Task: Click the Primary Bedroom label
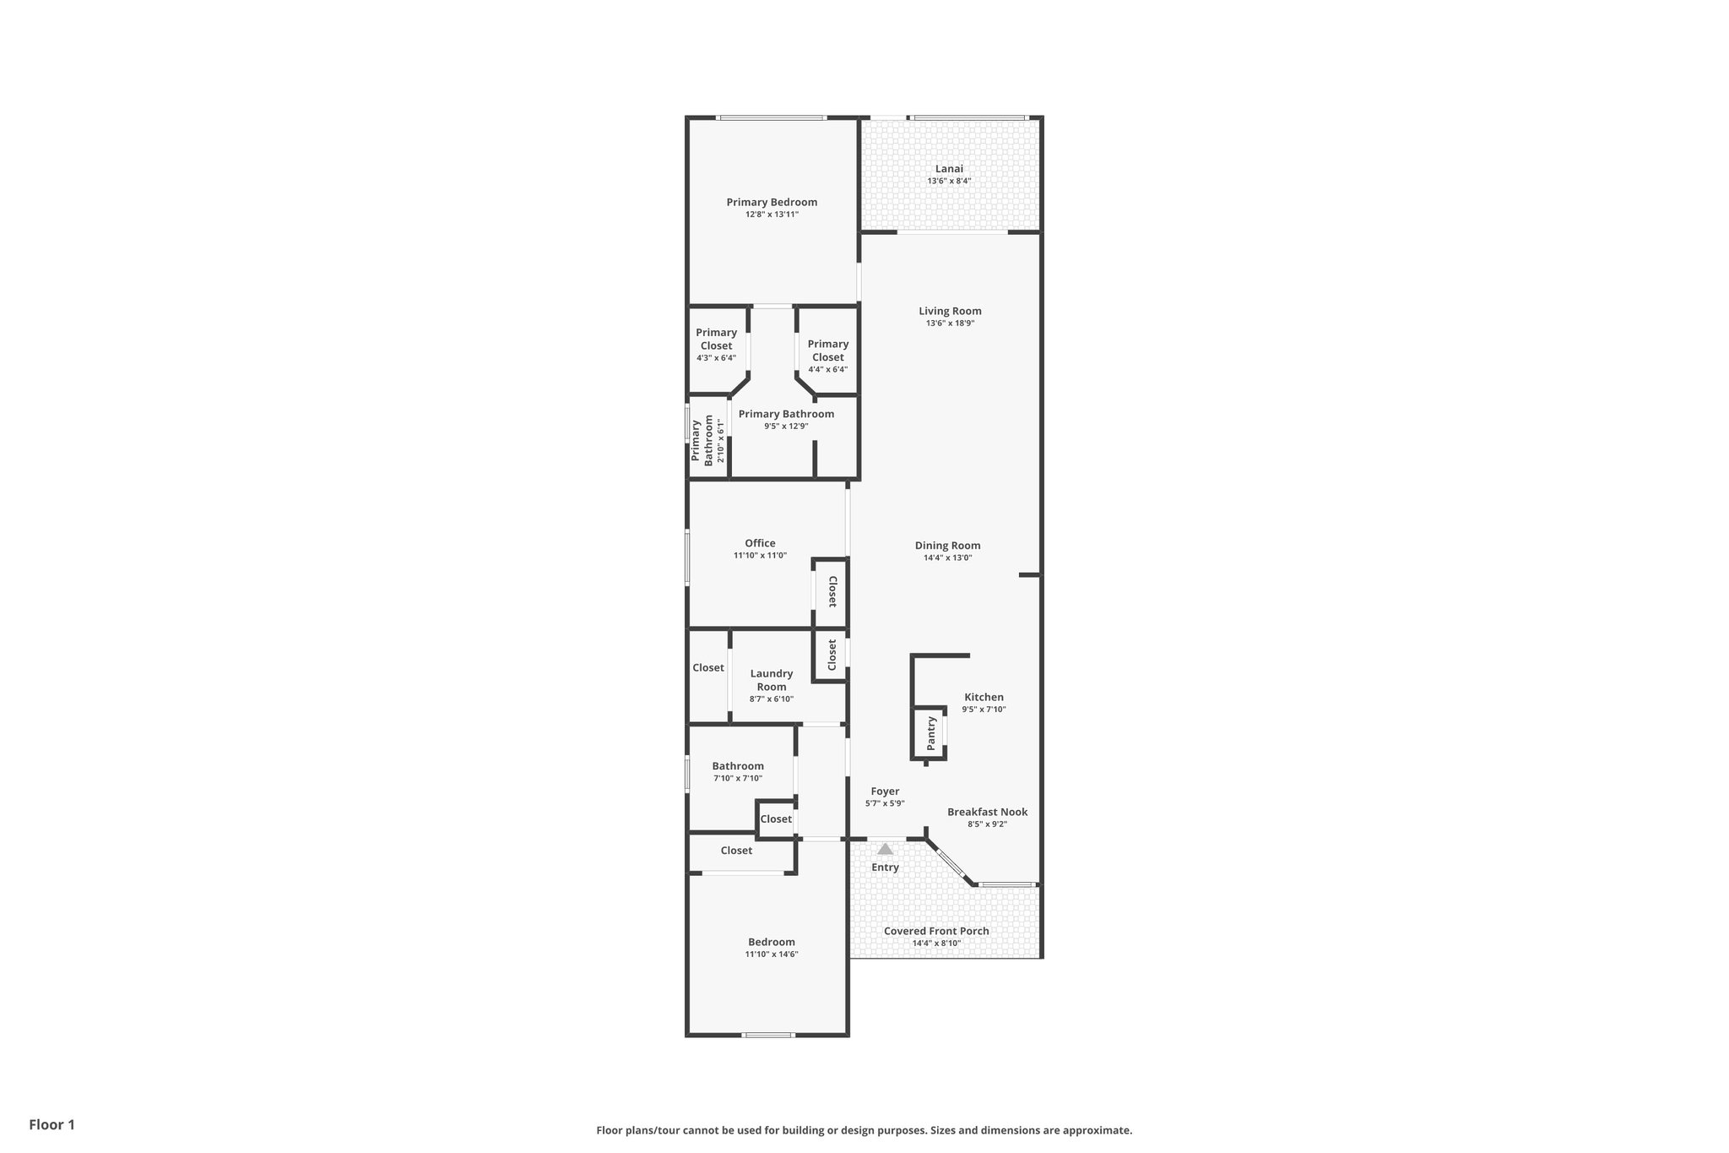(772, 202)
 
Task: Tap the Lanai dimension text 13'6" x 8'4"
(949, 181)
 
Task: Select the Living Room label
(950, 311)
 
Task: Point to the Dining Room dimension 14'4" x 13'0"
(947, 557)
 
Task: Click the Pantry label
(931, 733)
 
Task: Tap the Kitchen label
(984, 697)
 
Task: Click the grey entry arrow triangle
(885, 849)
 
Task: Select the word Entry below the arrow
(885, 867)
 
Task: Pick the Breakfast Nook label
(987, 812)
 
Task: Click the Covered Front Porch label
(936, 931)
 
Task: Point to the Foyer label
(885, 791)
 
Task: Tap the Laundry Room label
(772, 680)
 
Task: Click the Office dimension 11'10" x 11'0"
(760, 555)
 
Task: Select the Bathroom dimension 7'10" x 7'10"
(738, 778)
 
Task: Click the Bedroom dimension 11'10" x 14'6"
(771, 954)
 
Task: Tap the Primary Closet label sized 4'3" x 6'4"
(716, 339)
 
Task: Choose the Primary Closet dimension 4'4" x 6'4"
(827, 369)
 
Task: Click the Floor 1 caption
(51, 1124)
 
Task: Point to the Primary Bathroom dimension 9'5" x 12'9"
(786, 426)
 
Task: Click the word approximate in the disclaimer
(1097, 1130)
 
